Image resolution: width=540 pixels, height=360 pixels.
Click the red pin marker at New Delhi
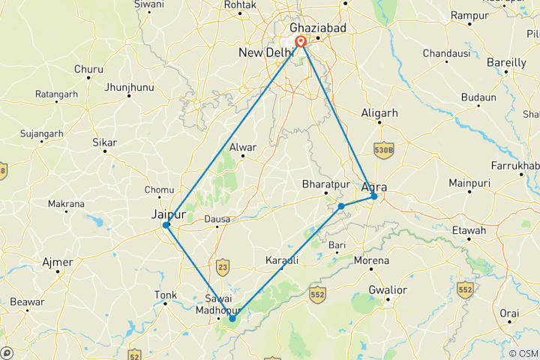(x=301, y=42)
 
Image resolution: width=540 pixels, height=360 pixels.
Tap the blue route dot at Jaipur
(x=166, y=225)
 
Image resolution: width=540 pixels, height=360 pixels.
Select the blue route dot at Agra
(x=373, y=196)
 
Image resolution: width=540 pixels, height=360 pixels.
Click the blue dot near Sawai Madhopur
(x=232, y=319)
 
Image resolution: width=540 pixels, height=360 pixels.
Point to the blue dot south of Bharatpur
(x=341, y=205)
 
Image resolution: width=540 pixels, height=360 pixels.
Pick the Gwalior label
(x=388, y=289)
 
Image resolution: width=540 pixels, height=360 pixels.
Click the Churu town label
(x=88, y=70)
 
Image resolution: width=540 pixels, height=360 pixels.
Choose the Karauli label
(x=282, y=260)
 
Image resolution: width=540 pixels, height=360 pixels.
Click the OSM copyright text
(x=523, y=354)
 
